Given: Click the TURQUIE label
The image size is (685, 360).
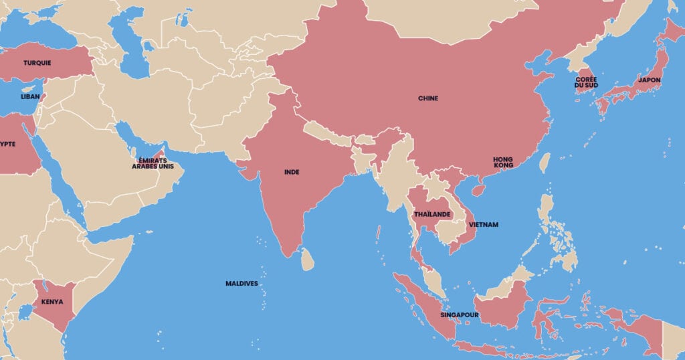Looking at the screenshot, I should (37, 63).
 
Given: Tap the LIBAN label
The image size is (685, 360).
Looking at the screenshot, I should (30, 96).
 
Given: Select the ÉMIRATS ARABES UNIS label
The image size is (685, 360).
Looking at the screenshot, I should (157, 163).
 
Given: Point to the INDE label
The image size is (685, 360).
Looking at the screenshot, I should (292, 172).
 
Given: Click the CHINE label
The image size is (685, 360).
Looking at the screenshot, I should (428, 98).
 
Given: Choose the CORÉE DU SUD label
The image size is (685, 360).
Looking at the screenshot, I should (586, 83).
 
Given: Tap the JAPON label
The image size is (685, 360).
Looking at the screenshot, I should (649, 80).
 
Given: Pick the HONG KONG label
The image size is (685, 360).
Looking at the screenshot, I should (503, 162).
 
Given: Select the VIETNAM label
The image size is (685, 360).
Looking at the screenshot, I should (483, 225).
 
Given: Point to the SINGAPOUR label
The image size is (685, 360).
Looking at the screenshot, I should (458, 314).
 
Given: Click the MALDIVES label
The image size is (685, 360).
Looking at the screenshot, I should (241, 284).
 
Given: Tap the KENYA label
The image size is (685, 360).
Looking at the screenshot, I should (52, 302).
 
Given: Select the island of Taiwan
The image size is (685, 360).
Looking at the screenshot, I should (545, 163).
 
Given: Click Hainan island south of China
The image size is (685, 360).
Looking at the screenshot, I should (477, 190).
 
